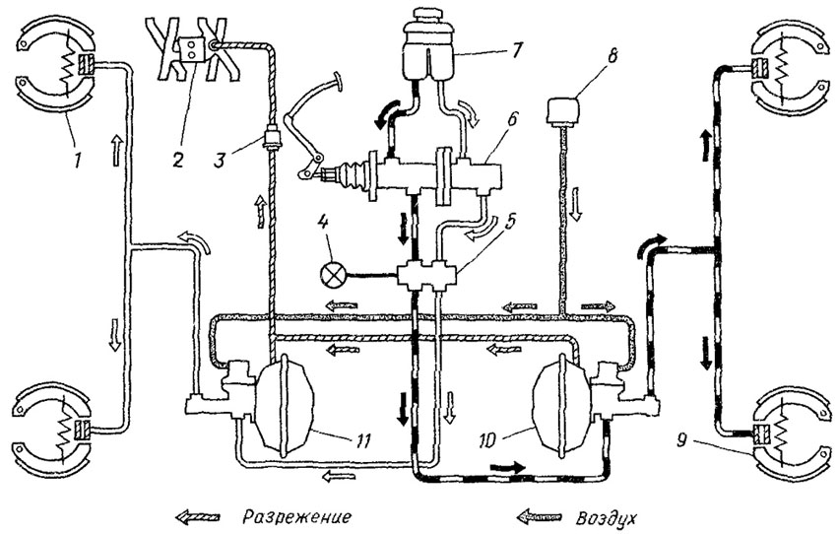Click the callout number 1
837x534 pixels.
(79, 160)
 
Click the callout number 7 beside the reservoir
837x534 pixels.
(516, 49)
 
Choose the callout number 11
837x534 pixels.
(359, 440)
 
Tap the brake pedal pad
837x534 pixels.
(337, 79)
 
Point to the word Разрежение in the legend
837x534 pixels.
(296, 517)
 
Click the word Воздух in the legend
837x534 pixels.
(607, 518)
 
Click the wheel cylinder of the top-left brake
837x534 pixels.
(86, 65)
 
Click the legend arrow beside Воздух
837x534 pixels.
(540, 516)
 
